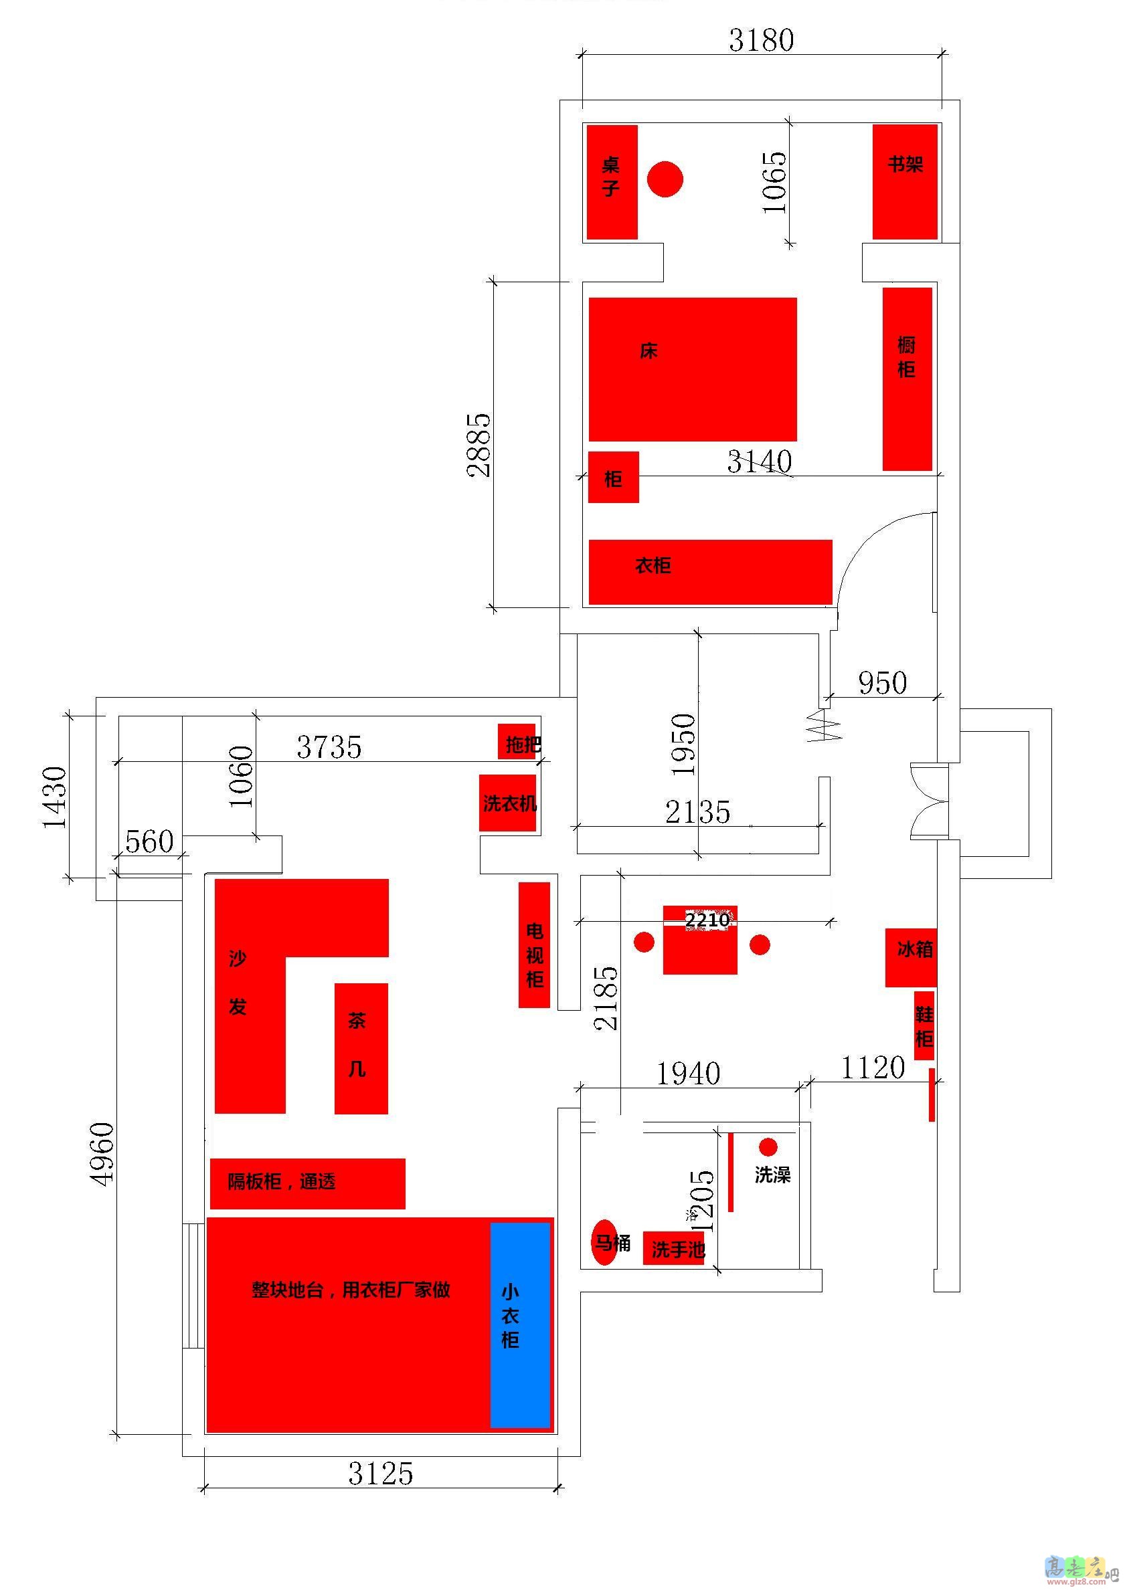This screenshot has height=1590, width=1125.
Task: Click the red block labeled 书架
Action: point(905,182)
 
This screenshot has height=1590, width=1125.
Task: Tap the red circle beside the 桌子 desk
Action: point(665,179)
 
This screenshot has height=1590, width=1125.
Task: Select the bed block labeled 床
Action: point(693,369)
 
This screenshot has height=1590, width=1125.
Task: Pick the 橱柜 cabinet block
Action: point(907,379)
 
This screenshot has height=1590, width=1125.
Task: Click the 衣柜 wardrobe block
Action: point(710,572)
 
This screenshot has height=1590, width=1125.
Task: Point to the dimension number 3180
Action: point(762,40)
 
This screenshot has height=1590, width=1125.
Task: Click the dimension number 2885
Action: point(479,445)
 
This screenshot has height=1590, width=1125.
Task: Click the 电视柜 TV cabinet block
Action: point(534,945)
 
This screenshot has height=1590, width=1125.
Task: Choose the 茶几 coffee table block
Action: point(361,1049)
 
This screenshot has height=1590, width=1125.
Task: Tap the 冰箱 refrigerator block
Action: point(911,958)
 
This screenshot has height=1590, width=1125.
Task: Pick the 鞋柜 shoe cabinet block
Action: point(924,1025)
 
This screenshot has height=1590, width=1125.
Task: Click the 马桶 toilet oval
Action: point(604,1243)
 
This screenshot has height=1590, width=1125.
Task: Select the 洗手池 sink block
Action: point(674,1248)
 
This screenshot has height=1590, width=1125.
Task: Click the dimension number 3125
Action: point(380,1474)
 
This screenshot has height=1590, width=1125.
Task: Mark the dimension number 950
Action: point(883,684)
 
